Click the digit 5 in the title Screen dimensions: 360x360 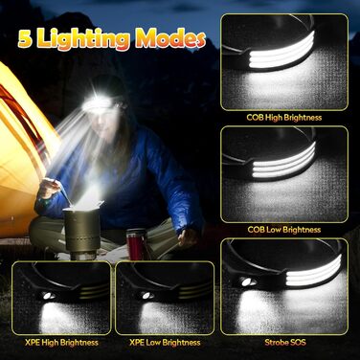(26, 39)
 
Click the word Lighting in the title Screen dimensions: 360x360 (84, 40)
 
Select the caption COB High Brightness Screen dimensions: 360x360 (284, 118)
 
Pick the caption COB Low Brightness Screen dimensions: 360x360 (284, 230)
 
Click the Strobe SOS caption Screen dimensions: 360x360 (285, 343)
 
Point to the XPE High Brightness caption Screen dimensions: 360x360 (61, 343)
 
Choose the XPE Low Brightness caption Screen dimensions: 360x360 (165, 343)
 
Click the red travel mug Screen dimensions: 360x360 (134, 243)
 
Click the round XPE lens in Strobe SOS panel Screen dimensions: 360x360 (246, 281)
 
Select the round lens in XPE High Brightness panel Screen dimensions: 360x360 (48, 296)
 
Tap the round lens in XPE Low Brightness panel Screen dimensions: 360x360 (146, 296)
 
